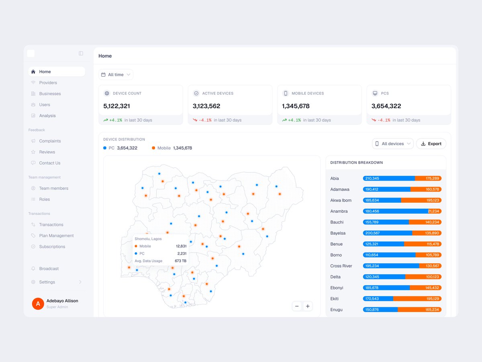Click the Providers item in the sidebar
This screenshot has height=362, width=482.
point(48,82)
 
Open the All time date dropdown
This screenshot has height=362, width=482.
point(116,75)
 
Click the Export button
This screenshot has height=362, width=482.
point(431,144)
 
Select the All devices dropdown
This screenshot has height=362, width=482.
point(392,144)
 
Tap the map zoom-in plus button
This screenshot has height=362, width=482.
point(308,306)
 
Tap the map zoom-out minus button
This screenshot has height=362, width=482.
point(297,306)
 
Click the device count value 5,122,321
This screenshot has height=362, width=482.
point(116,106)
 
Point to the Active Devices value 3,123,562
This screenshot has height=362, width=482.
point(206,106)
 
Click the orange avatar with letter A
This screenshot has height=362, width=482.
point(38,304)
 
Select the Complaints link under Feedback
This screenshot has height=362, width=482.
point(50,141)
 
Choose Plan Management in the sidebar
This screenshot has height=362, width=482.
point(57,236)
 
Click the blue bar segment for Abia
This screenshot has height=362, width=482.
point(389,179)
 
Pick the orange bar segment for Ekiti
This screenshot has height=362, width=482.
point(417,299)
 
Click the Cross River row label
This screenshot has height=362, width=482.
point(341,266)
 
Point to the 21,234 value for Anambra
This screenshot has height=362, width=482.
point(433,211)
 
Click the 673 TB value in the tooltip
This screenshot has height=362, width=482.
point(180,261)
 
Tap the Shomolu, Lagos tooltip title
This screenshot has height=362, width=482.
point(148,239)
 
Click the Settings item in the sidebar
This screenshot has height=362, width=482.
point(47,282)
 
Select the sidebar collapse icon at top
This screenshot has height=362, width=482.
point(81,53)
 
